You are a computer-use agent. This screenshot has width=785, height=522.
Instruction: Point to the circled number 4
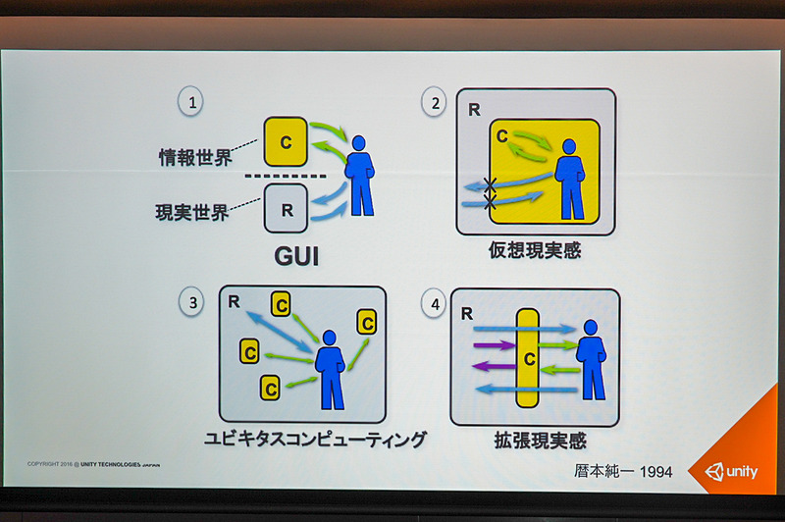(x=435, y=304)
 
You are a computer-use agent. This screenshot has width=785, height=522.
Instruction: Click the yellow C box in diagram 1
(x=286, y=141)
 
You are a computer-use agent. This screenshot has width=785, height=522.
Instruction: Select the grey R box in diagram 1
(x=286, y=209)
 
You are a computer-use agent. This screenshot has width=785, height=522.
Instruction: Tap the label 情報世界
(x=194, y=156)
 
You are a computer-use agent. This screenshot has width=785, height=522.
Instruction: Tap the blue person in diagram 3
(x=330, y=368)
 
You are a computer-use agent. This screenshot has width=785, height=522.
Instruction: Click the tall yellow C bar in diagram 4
(x=526, y=357)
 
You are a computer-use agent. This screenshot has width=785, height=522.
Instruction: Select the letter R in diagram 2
(x=473, y=108)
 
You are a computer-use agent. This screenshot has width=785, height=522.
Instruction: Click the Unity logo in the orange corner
(x=731, y=471)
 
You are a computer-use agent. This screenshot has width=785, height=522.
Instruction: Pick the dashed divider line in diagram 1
(x=285, y=177)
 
